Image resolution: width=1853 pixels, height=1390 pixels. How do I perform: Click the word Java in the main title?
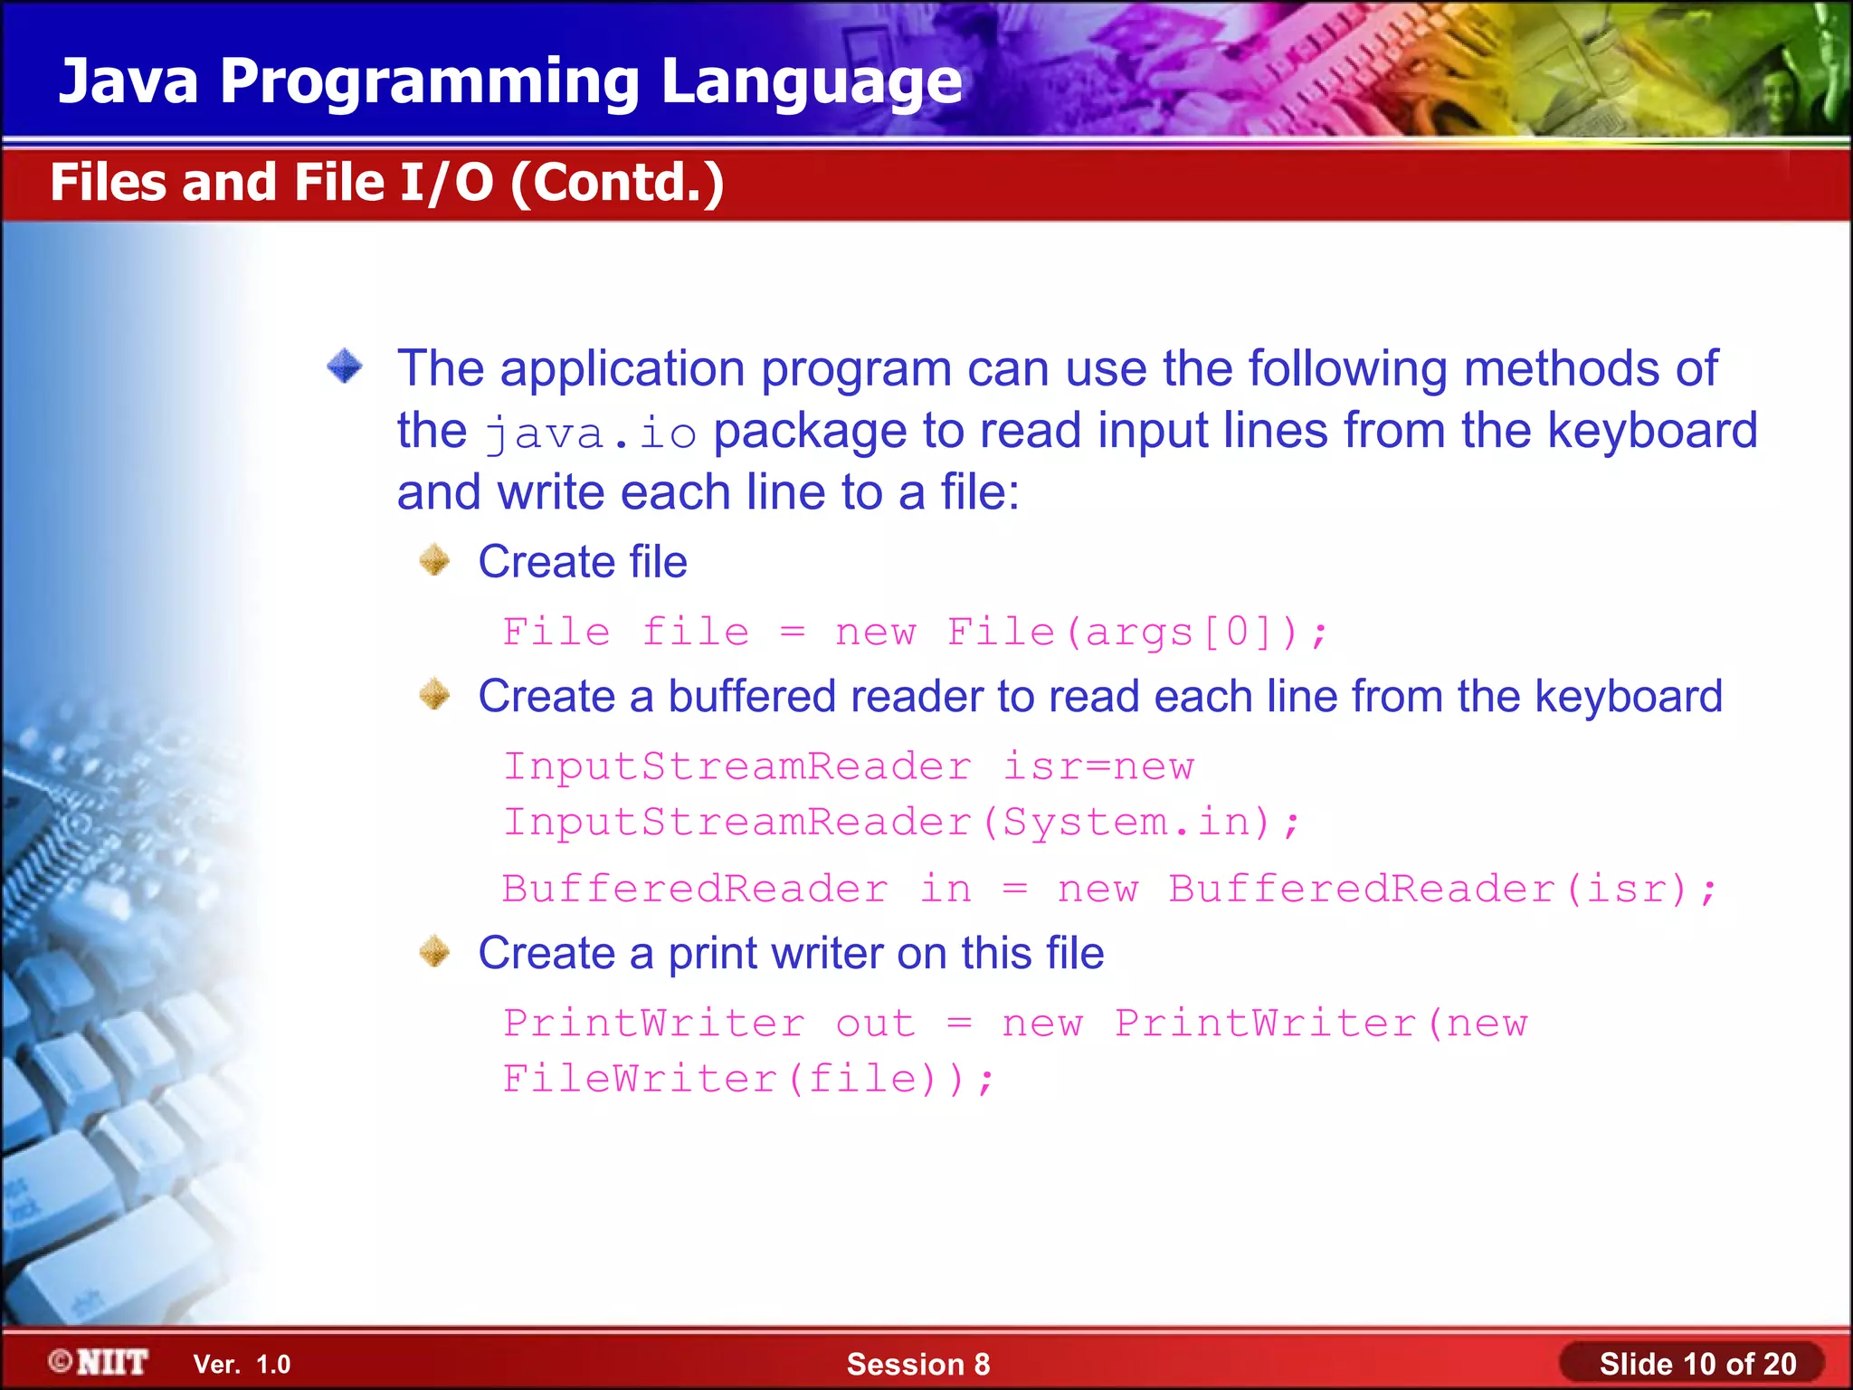[128, 81]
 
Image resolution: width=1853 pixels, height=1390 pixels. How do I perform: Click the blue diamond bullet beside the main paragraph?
[345, 367]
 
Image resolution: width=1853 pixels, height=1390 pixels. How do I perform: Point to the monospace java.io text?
[591, 433]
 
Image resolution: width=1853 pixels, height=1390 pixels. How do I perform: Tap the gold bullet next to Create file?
[435, 560]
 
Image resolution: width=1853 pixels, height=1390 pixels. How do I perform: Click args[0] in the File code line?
[1190, 632]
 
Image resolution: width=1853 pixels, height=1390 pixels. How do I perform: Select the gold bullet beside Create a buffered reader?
[435, 695]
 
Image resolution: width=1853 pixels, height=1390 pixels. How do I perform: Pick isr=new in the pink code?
[1098, 766]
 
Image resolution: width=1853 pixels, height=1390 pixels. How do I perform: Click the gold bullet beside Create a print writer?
[435, 952]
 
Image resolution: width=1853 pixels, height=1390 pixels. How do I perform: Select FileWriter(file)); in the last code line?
[748, 1079]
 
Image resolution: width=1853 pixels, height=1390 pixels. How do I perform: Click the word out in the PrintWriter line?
[875, 1023]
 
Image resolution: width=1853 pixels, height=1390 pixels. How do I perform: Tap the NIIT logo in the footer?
[100, 1362]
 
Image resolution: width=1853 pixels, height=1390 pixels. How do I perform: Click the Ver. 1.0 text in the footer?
[242, 1364]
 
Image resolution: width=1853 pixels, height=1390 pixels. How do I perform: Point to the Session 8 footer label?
[917, 1364]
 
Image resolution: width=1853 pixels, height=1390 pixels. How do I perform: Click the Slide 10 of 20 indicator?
[1696, 1364]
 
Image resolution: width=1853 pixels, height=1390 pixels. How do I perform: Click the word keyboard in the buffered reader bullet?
[1629, 697]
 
